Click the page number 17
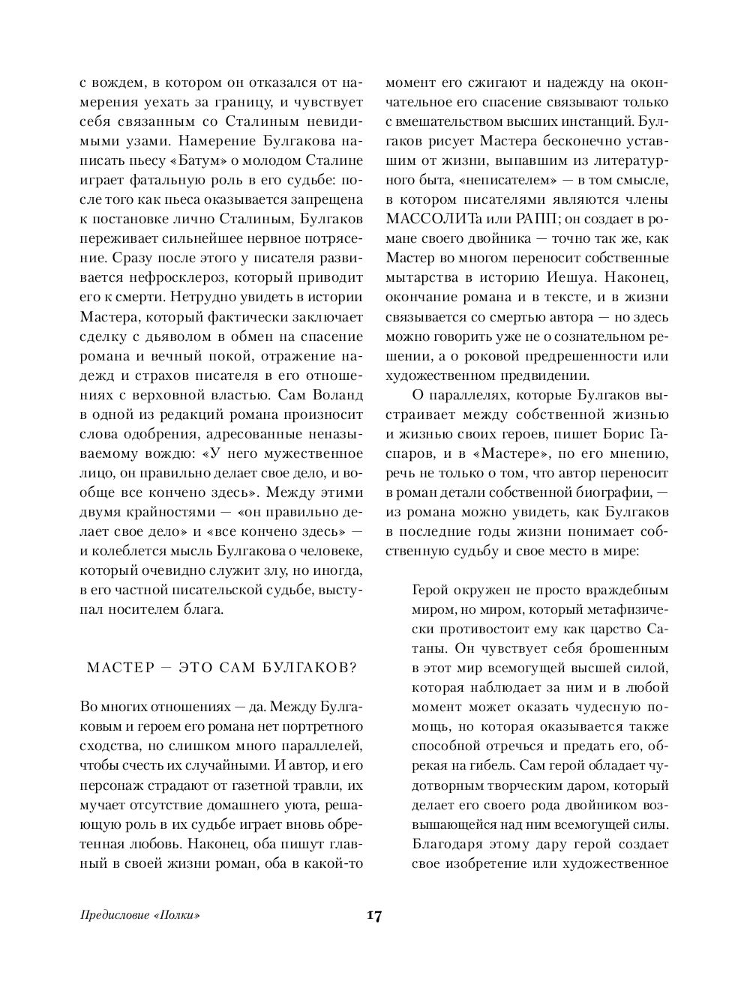coord(373,916)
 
